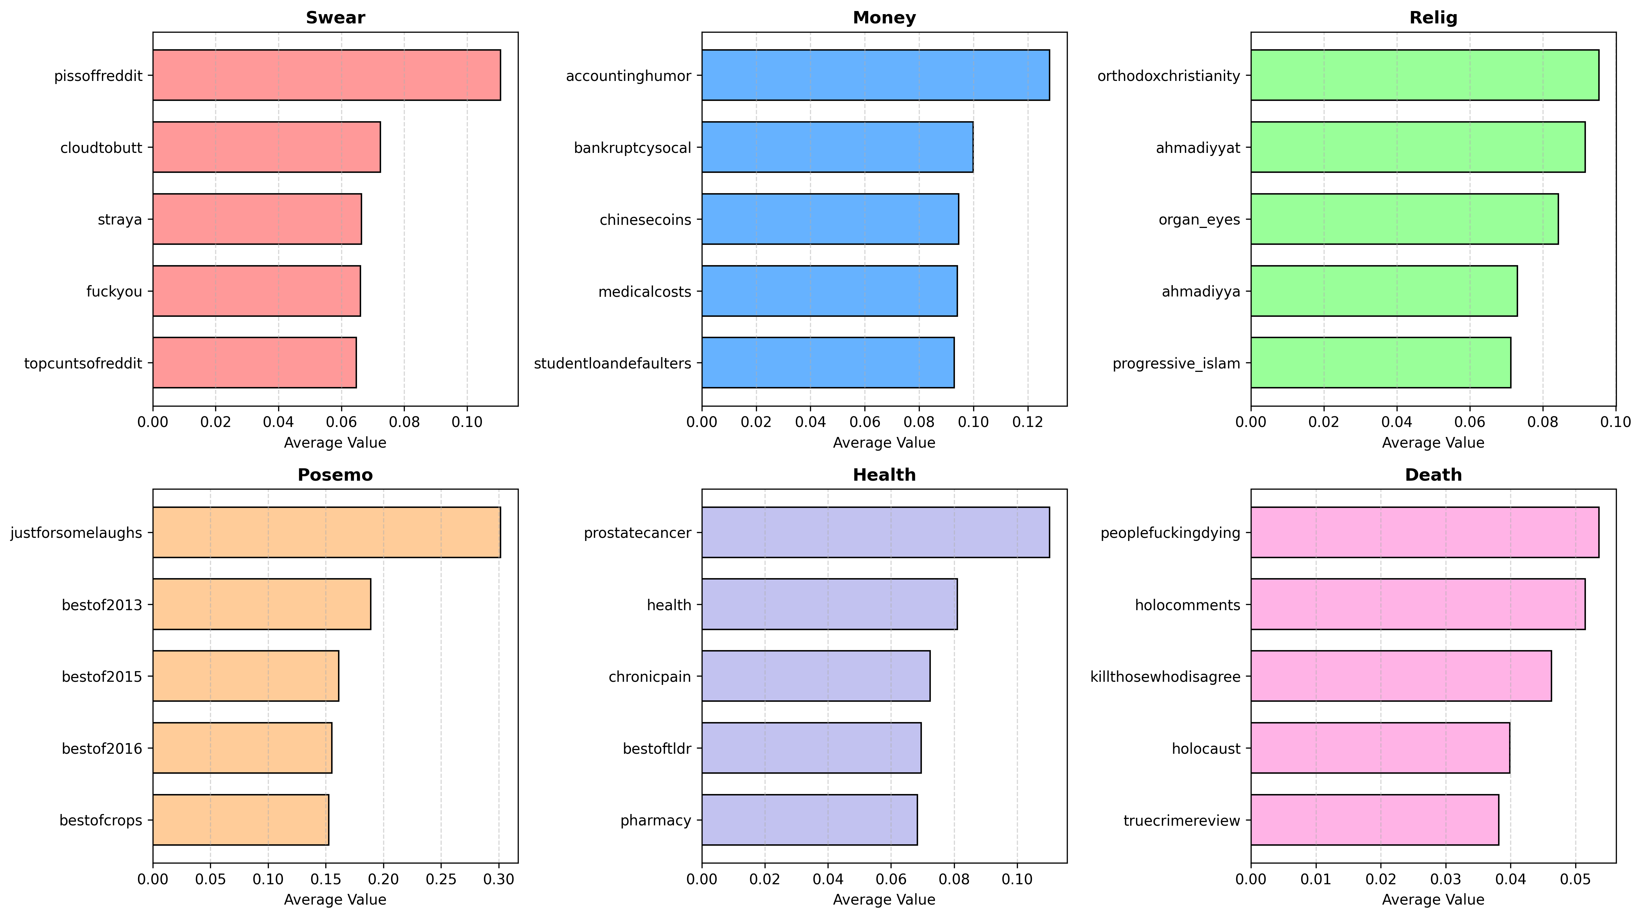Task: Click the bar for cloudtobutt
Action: point(266,147)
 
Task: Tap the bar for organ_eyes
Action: point(1404,219)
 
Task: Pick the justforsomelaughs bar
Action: point(326,532)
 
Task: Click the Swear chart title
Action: point(335,18)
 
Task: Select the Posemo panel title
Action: point(335,475)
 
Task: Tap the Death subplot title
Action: point(1433,475)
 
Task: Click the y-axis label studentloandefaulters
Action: point(612,363)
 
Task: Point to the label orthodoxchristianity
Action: point(1168,76)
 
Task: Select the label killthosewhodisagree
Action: point(1165,676)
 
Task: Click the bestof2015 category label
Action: point(102,676)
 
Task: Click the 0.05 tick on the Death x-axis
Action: point(1575,879)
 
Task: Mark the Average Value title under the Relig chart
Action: point(1433,442)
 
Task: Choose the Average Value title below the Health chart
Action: point(884,899)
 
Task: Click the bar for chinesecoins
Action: point(830,219)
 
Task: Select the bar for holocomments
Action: point(1418,604)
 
